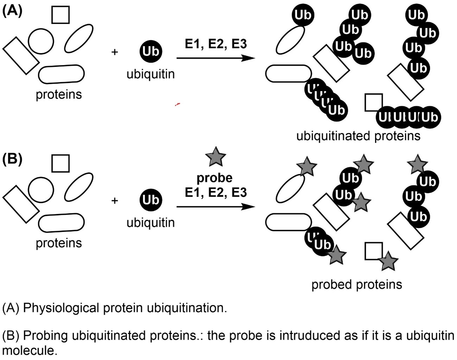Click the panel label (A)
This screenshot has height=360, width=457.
pyautogui.click(x=12, y=11)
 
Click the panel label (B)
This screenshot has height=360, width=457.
pyautogui.click(x=12, y=159)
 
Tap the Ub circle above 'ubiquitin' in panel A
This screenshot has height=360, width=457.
pyautogui.click(x=151, y=51)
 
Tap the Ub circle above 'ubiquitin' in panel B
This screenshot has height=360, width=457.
pyautogui.click(x=151, y=200)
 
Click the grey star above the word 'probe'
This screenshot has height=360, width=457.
pyautogui.click(x=215, y=157)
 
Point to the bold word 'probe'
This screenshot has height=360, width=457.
pyautogui.click(x=214, y=178)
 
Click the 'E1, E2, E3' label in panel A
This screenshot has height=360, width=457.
pyautogui.click(x=216, y=44)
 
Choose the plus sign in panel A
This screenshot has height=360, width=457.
pyautogui.click(x=114, y=52)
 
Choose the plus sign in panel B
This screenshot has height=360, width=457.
pyautogui.click(x=114, y=201)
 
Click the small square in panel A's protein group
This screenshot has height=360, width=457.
pyautogui.click(x=61, y=15)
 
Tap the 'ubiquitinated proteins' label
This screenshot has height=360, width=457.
pyautogui.click(x=358, y=136)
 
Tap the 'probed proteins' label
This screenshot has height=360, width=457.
pyautogui.click(x=356, y=284)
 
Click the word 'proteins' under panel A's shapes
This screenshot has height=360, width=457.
pyautogui.click(x=59, y=95)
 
